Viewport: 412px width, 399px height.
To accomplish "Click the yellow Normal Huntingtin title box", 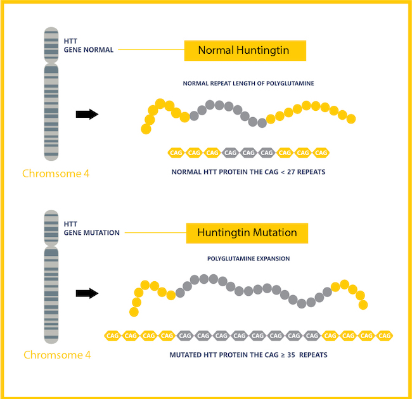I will pyautogui.click(x=245, y=51).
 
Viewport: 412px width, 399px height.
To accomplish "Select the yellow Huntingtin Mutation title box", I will pyautogui.click(x=247, y=232).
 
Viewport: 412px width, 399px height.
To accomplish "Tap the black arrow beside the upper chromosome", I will pyautogui.click(x=87, y=114).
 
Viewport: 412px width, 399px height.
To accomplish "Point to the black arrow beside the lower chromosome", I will pyautogui.click(x=87, y=293).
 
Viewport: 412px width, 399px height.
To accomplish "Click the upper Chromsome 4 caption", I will pyautogui.click(x=56, y=173).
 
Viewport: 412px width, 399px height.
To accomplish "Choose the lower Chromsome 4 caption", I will pyautogui.click(x=57, y=355).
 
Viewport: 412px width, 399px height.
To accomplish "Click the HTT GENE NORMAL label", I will pyautogui.click(x=88, y=46).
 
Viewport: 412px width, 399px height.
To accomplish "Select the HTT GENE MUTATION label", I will pyautogui.click(x=91, y=228).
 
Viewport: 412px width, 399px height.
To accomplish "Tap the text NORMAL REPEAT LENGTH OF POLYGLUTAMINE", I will pyautogui.click(x=248, y=84).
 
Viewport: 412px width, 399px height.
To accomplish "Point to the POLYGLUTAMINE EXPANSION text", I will pyautogui.click(x=248, y=259).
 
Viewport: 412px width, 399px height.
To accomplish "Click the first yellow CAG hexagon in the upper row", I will pyautogui.click(x=176, y=153).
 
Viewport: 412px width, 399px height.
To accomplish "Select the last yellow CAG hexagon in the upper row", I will pyautogui.click(x=321, y=153).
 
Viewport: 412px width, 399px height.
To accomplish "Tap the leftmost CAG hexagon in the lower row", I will pyautogui.click(x=113, y=335).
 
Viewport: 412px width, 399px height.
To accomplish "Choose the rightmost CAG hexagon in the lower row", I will pyautogui.click(x=384, y=335).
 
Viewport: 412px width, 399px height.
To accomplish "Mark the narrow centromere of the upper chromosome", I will pyautogui.click(x=51, y=62).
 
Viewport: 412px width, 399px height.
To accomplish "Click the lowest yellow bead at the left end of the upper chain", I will pyautogui.click(x=146, y=129).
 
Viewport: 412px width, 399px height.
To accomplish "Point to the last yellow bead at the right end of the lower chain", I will pyautogui.click(x=363, y=305).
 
